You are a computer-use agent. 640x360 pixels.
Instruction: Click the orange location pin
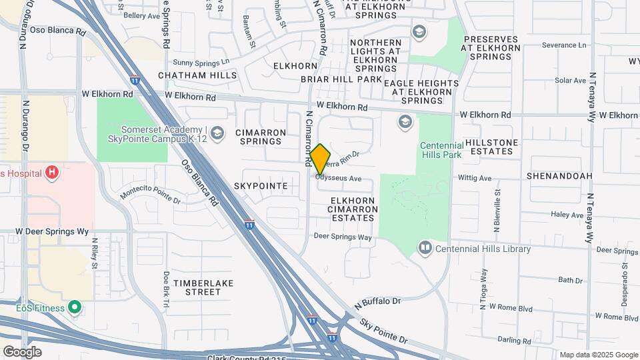point(320,159)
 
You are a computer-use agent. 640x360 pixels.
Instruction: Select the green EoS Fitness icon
point(75,308)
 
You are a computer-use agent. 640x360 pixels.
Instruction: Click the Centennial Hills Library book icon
point(425,249)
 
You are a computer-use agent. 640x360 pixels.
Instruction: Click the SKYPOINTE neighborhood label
point(261,186)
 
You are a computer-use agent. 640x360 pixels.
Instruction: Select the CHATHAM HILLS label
point(197,76)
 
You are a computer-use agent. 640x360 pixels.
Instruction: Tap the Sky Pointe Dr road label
point(383,330)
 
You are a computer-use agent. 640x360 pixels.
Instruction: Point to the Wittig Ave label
point(475,178)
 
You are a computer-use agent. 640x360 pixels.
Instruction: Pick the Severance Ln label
point(564,45)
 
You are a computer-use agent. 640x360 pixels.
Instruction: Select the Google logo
point(22,352)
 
